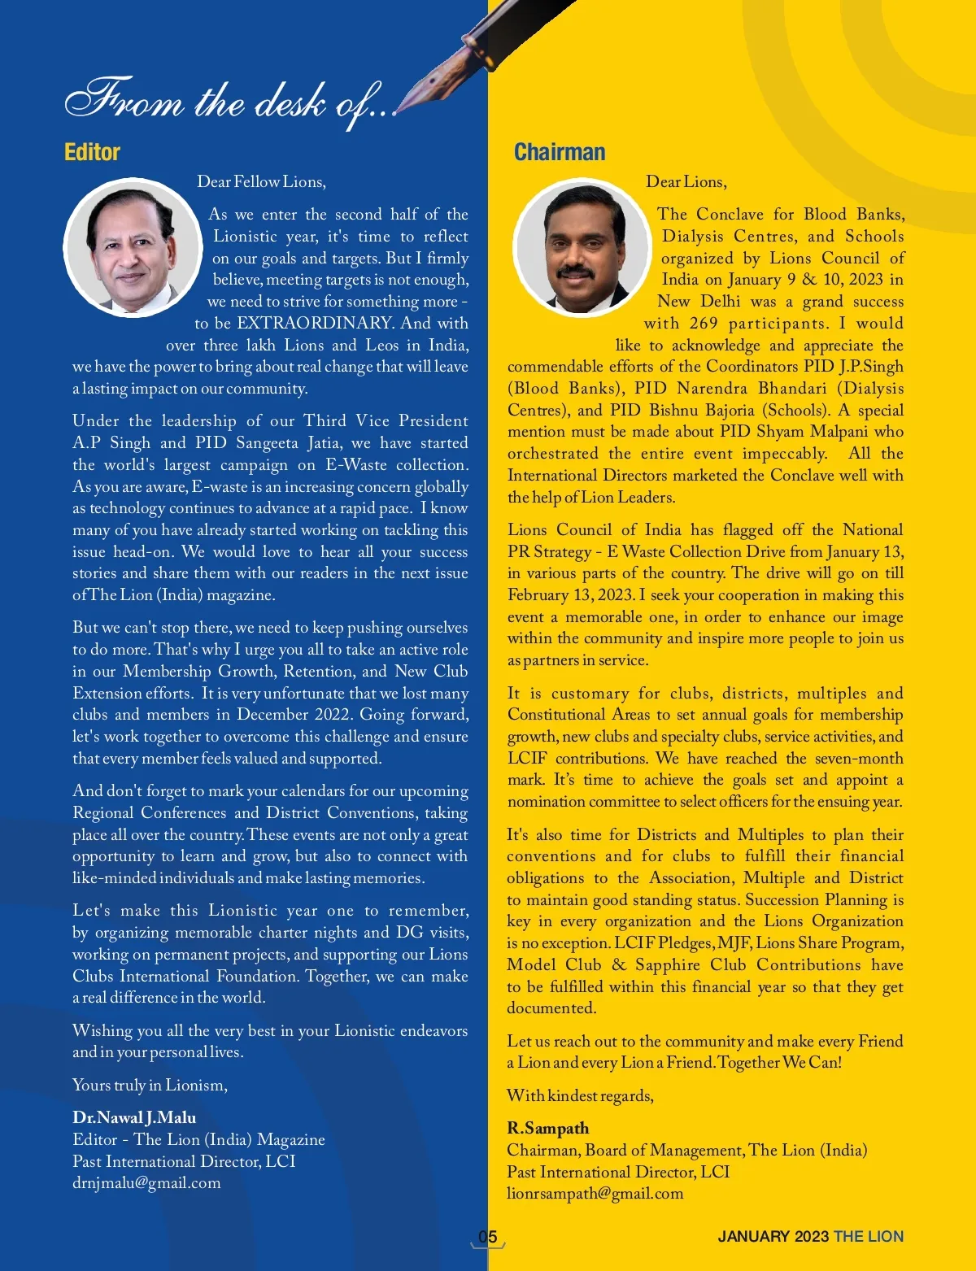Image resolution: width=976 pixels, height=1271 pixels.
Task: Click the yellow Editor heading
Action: point(92,152)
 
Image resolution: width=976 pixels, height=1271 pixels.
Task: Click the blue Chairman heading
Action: point(560,152)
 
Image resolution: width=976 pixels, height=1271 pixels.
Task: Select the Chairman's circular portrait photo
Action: point(582,248)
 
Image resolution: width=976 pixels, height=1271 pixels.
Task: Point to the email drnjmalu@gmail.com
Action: point(146,1182)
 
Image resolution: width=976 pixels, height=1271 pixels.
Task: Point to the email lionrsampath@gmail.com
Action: point(595,1193)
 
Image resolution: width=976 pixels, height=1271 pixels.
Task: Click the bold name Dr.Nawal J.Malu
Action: point(134,1117)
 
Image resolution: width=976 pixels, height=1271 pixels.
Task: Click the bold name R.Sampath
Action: point(547,1128)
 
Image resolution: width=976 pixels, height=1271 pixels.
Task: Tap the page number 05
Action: point(487,1237)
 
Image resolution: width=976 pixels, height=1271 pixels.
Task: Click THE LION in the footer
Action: point(868,1237)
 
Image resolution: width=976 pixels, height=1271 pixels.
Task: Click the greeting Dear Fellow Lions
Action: point(261,181)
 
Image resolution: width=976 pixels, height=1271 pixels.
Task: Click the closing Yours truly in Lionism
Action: point(150,1085)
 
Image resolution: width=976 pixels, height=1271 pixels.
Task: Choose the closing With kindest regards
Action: point(580,1095)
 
